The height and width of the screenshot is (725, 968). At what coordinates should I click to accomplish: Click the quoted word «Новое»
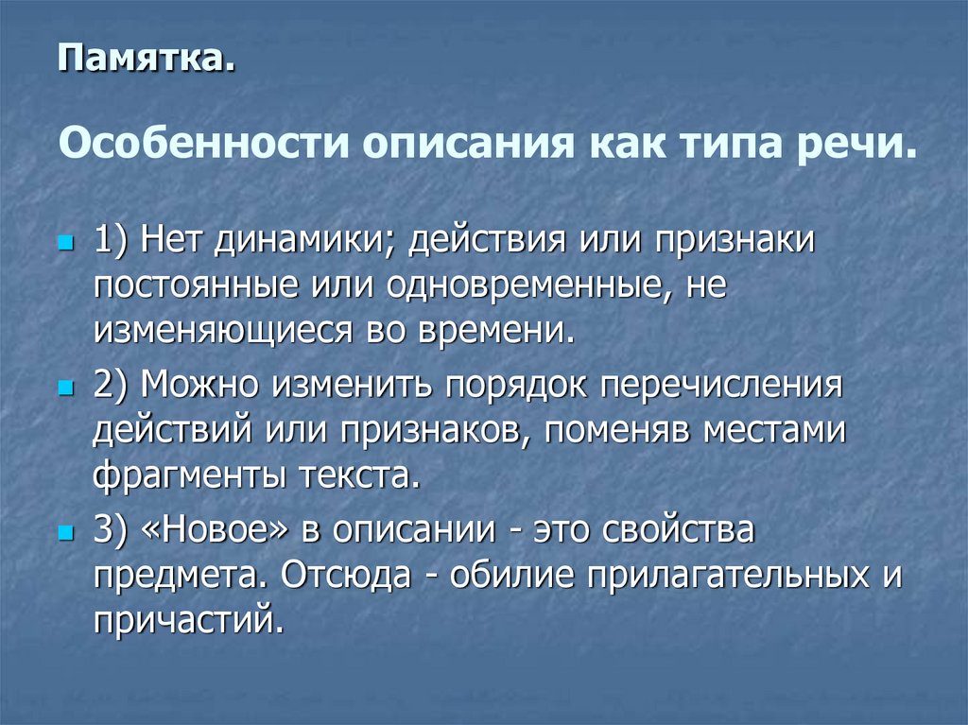pos(218,529)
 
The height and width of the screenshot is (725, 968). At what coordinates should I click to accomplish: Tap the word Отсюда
pos(349,575)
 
